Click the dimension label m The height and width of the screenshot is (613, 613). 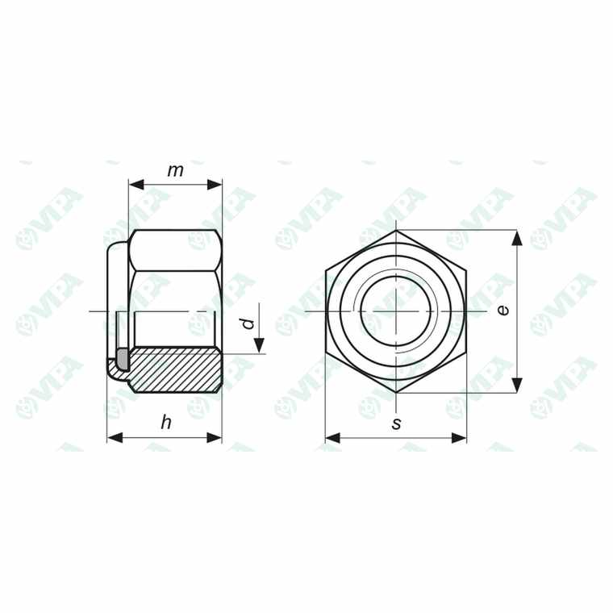coord(175,170)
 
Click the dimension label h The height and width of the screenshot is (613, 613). coord(166,423)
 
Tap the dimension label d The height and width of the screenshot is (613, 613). coord(248,324)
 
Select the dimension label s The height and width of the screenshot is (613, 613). coord(396,423)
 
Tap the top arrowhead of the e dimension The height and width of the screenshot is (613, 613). coord(517,237)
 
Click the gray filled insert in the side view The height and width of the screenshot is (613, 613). coord(123,356)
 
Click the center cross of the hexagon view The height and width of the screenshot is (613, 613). coord(397,311)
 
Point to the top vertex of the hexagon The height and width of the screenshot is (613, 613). coord(397,231)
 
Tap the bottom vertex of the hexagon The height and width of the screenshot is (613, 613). coord(397,393)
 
